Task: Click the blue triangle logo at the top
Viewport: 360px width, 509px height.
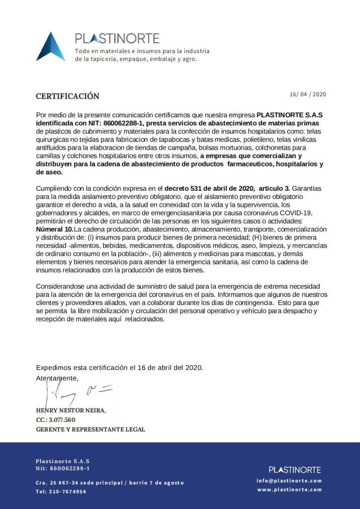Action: point(50,47)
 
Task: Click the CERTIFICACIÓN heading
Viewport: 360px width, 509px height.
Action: point(68,96)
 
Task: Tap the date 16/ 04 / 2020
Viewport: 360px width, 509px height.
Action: point(308,94)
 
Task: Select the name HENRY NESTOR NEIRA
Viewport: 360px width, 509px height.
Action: point(70,411)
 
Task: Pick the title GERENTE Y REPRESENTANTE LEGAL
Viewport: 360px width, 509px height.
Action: point(90,429)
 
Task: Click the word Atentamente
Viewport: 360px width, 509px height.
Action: point(57,378)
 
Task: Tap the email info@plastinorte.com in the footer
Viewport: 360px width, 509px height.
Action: point(289,481)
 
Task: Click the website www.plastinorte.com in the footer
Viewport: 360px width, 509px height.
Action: point(289,490)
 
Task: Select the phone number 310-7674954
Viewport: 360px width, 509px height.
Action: point(61,492)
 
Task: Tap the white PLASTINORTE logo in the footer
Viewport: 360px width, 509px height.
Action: point(294,470)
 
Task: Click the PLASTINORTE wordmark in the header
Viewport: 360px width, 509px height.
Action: point(117,38)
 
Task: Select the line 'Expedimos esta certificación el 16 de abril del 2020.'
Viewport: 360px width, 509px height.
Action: point(119,368)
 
